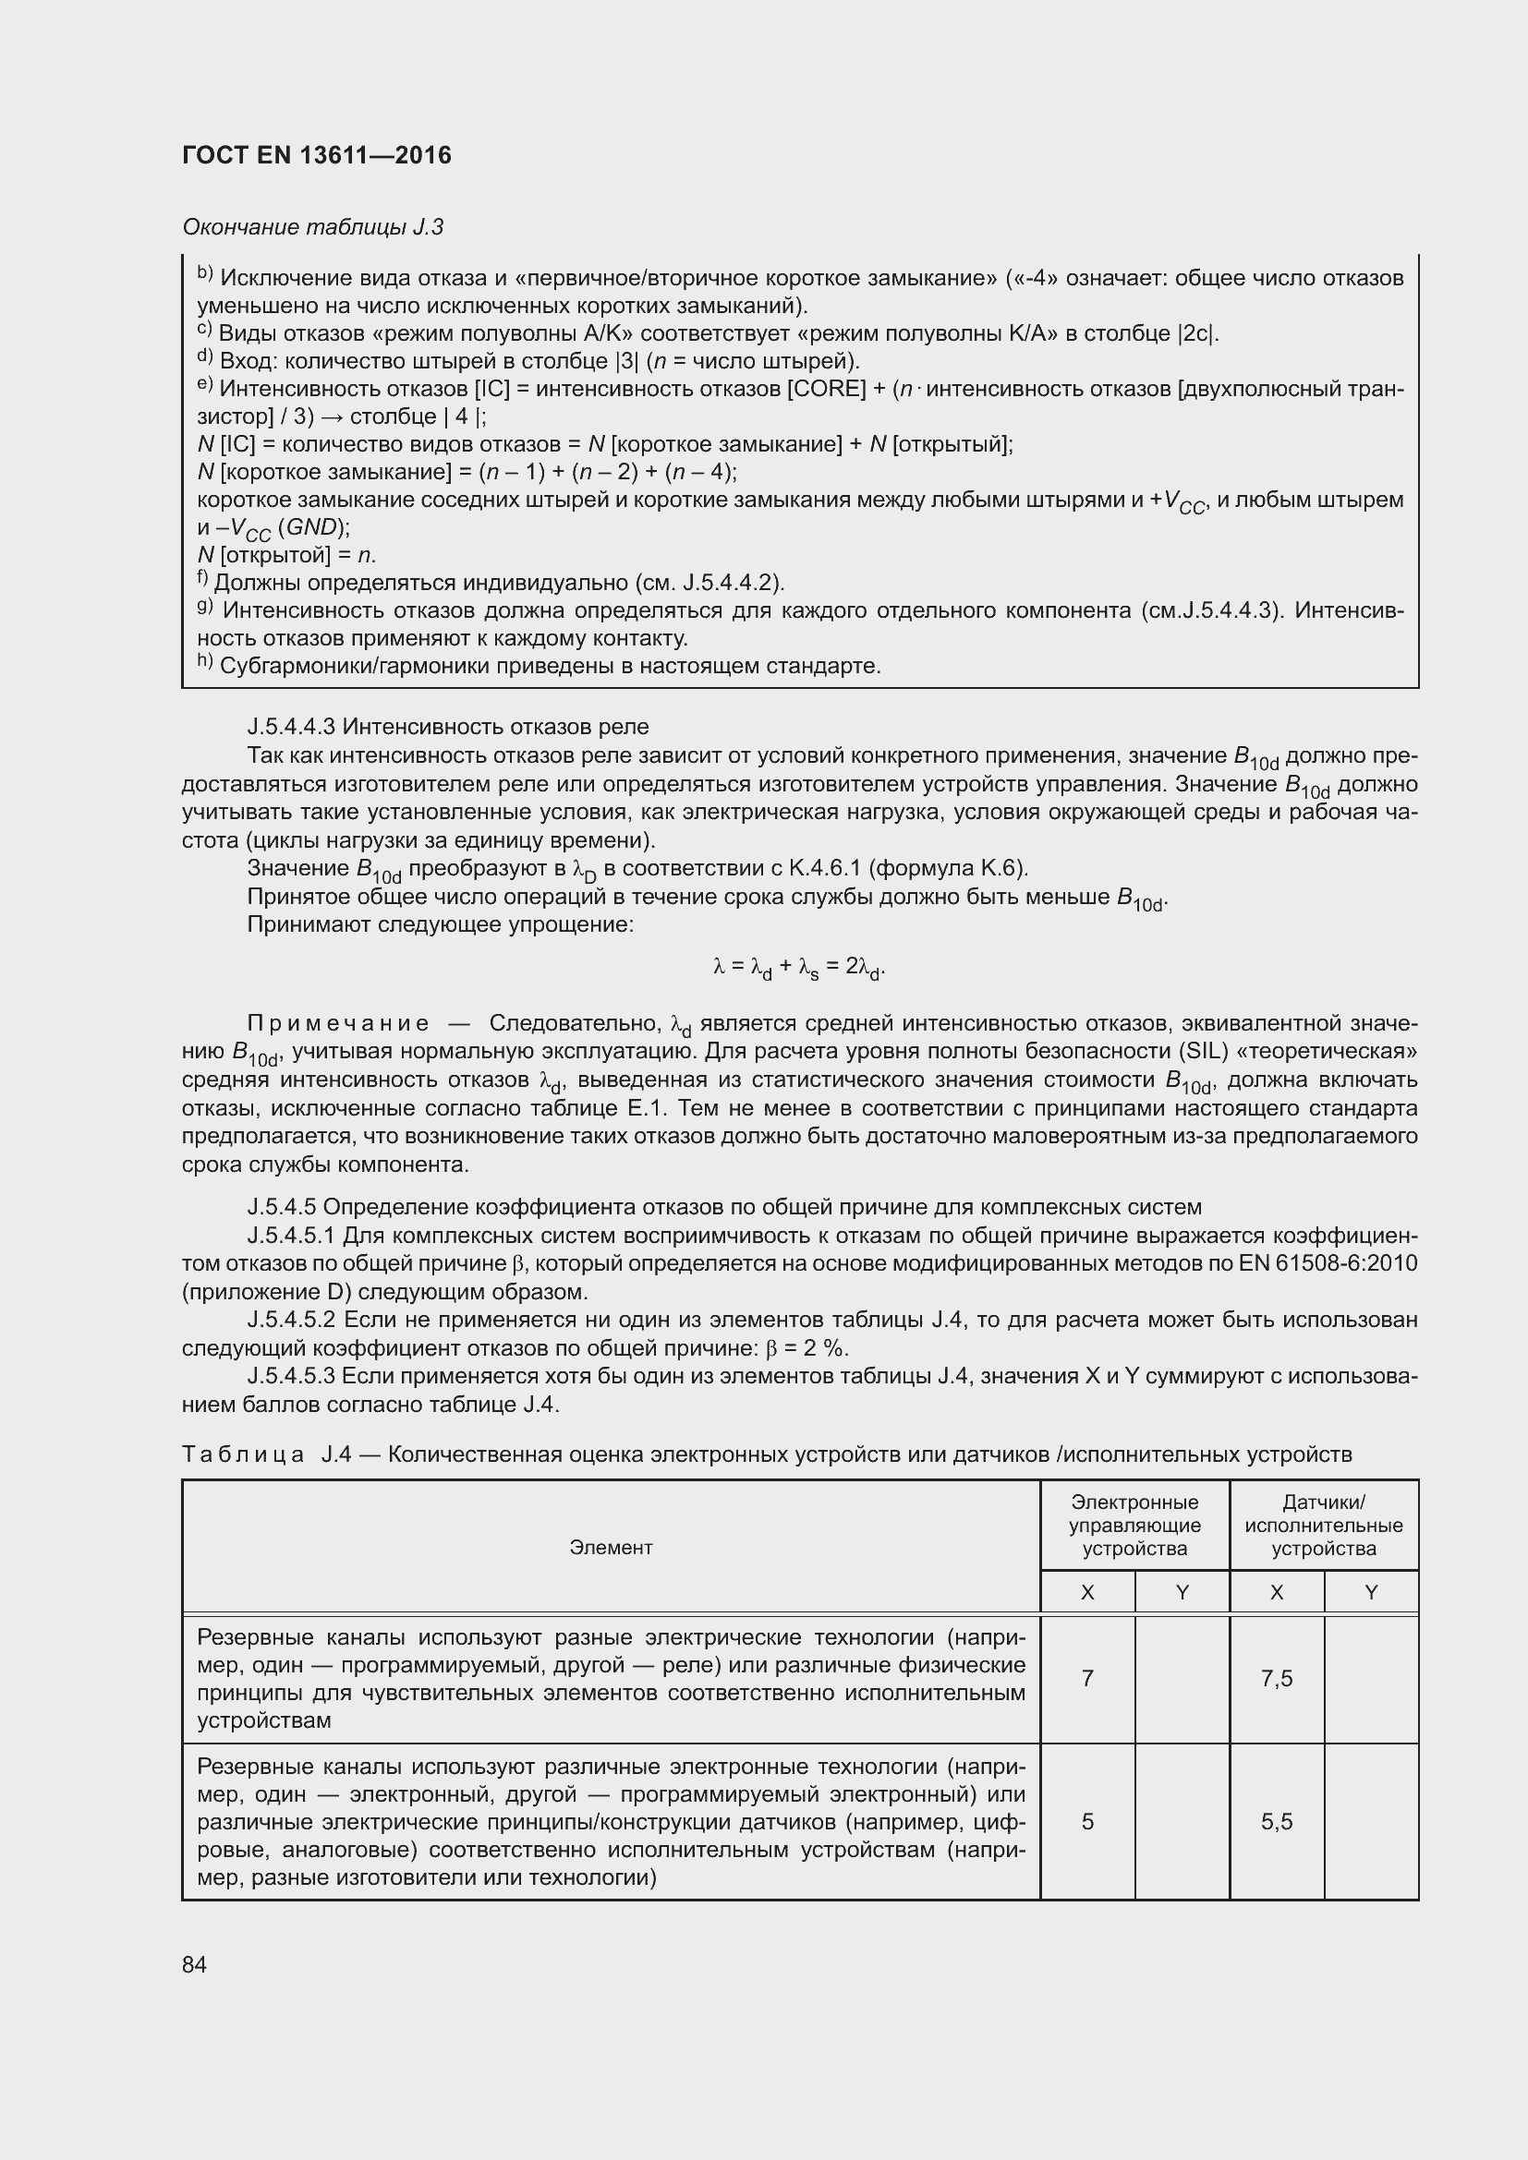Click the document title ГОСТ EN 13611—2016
tap(316, 155)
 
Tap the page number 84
tap(194, 1964)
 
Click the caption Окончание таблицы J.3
tap(312, 227)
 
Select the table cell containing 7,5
tap(1276, 1678)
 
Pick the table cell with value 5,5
tap(1276, 1821)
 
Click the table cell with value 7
tap(1086, 1678)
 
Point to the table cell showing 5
tap(1086, 1821)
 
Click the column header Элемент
tap(611, 1548)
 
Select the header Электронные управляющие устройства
tap(1134, 1526)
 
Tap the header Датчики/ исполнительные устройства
tap(1323, 1526)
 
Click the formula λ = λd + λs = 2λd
tap(799, 967)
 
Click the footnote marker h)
tap(205, 664)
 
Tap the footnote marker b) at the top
tap(205, 275)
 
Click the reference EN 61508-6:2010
tap(1328, 1263)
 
